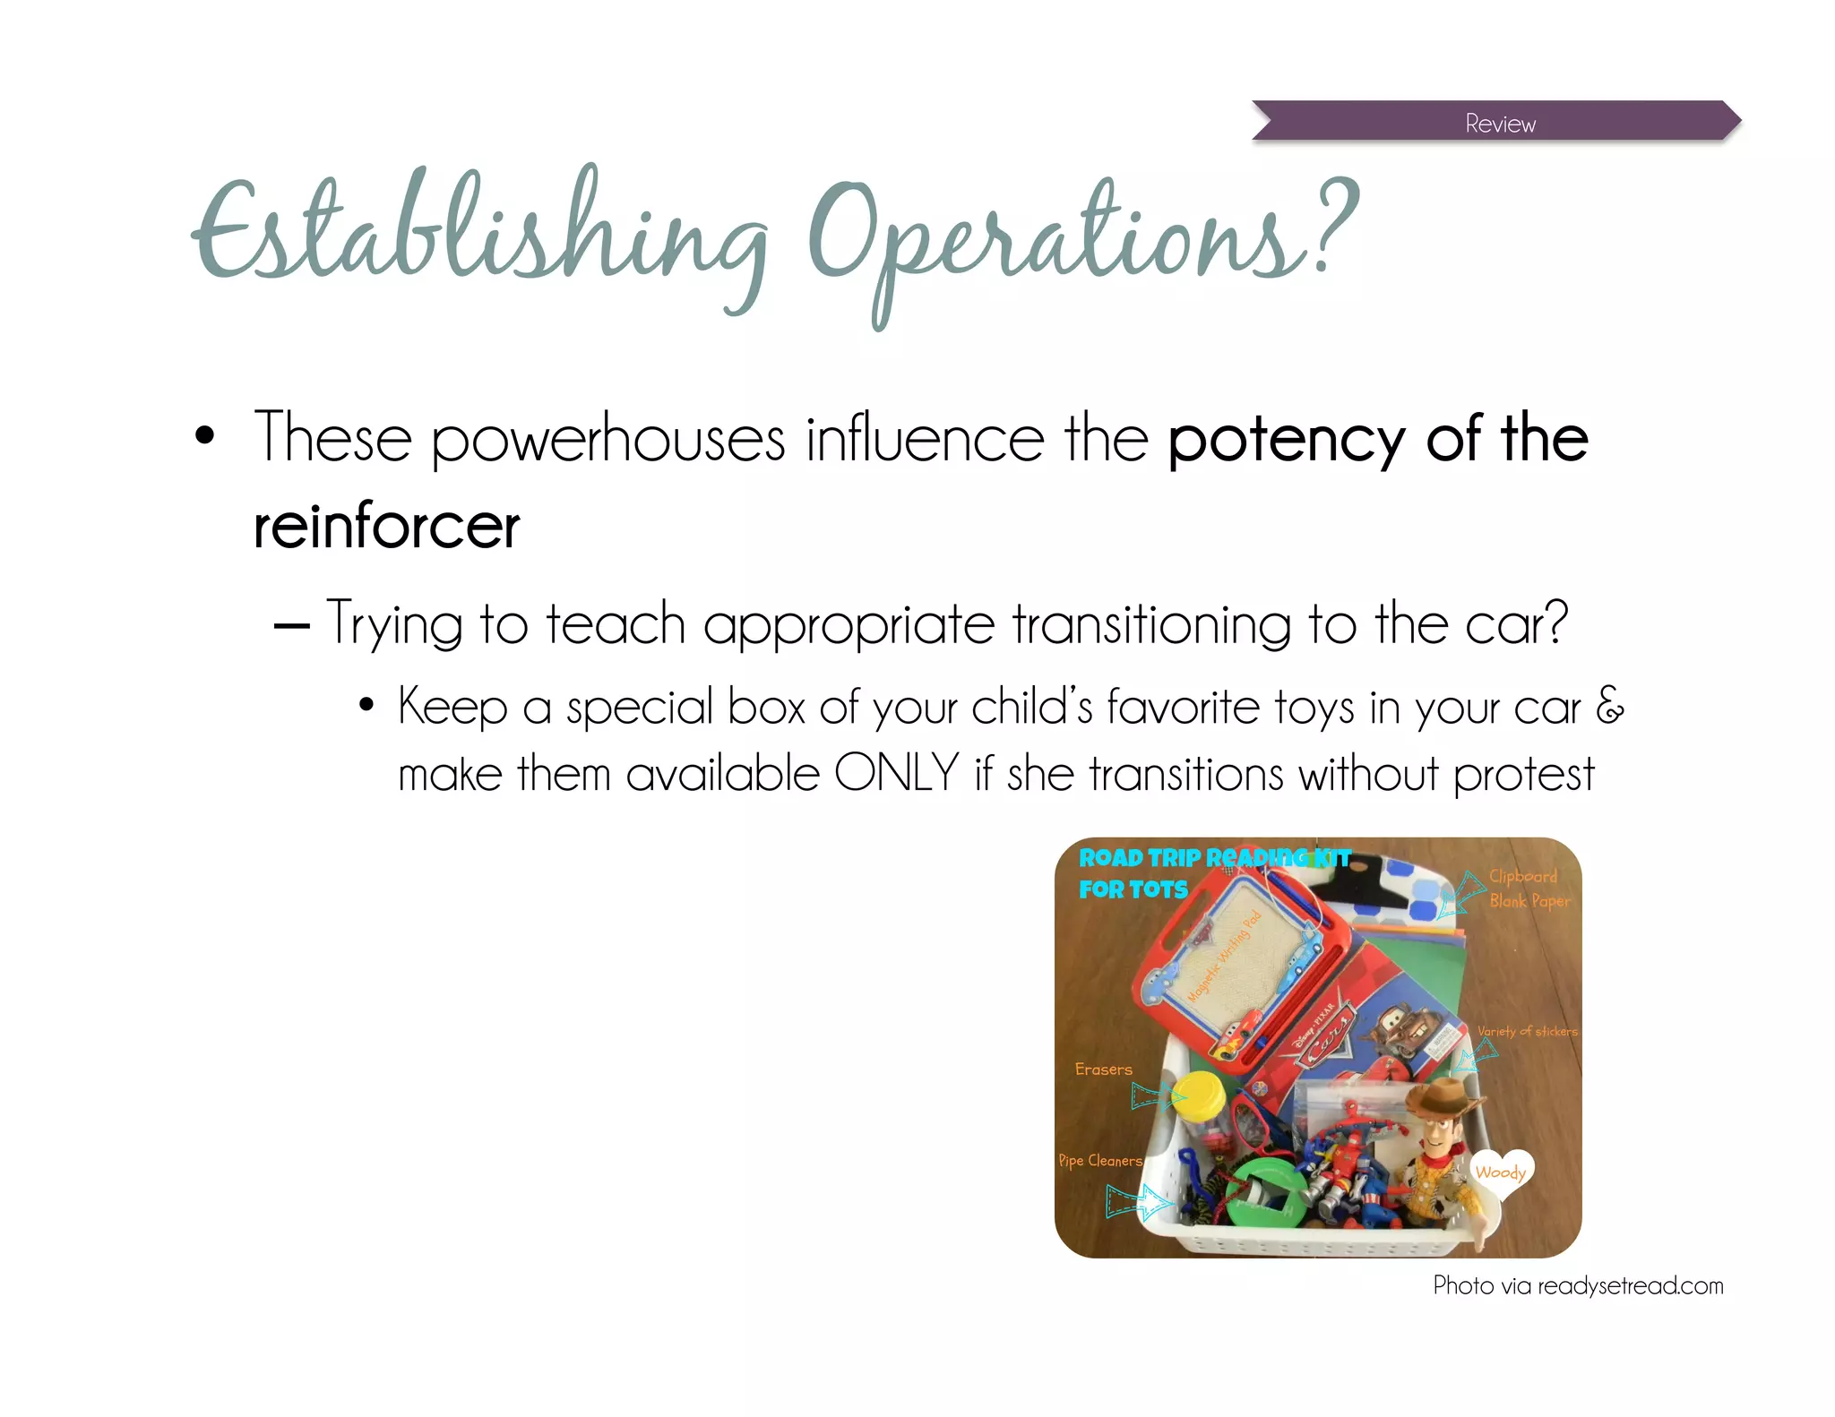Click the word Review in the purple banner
(1500, 124)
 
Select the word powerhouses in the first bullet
(607, 440)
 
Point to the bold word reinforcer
(386, 526)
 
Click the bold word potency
(1286, 440)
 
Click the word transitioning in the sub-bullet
(1151, 623)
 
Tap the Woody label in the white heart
(1500, 1172)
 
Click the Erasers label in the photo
(1103, 1069)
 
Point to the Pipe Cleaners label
(1100, 1161)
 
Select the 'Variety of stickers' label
(1527, 1031)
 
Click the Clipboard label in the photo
(1522, 876)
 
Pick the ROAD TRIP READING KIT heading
(1214, 858)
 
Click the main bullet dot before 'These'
(205, 436)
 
